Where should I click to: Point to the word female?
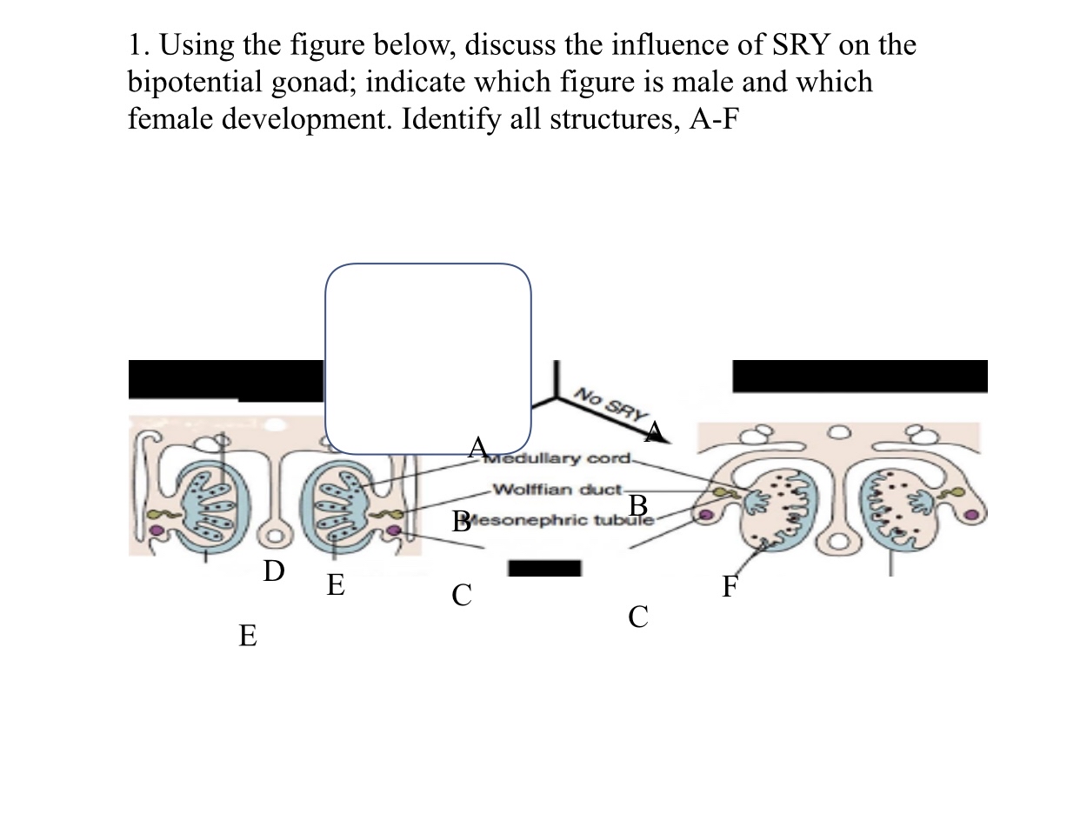[170, 118]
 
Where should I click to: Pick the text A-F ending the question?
[713, 118]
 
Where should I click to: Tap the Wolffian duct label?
[557, 489]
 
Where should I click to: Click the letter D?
[273, 571]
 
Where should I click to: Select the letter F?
[730, 588]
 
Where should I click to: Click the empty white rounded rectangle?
[428, 358]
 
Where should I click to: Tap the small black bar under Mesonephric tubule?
[544, 569]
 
